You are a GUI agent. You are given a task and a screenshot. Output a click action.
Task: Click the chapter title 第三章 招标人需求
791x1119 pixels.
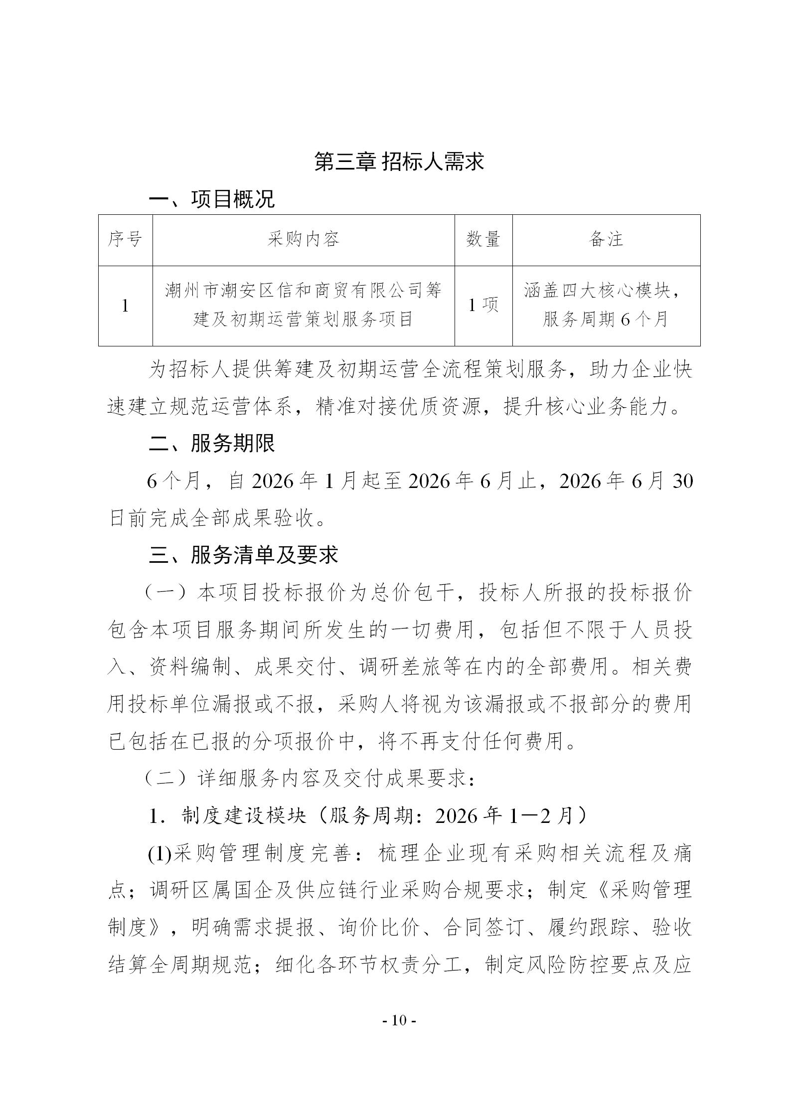(399, 162)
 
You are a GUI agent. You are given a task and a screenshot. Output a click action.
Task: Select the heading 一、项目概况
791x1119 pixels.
(211, 199)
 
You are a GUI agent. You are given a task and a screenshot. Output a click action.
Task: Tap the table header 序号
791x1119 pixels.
(125, 240)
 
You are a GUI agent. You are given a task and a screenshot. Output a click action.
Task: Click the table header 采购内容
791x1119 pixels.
(303, 240)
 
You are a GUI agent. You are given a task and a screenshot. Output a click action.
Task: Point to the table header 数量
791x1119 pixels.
(483, 240)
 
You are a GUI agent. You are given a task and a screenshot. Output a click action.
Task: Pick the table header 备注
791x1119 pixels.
(606, 240)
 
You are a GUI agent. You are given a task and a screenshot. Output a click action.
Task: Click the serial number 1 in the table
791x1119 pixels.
(125, 306)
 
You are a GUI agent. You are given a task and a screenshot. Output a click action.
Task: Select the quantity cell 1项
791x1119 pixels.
(483, 305)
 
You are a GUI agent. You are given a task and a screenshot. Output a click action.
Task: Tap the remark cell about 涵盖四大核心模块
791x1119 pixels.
(606, 305)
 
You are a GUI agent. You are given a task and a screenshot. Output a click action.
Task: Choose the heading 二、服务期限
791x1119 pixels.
(211, 444)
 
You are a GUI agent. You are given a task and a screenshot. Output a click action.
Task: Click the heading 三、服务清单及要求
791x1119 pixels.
(243, 555)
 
